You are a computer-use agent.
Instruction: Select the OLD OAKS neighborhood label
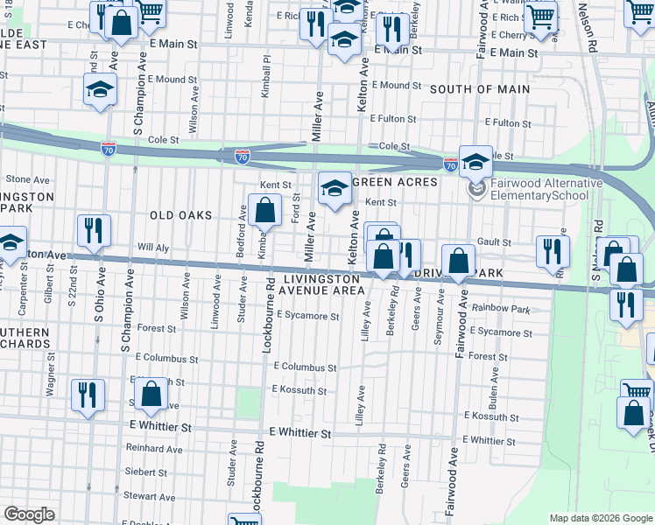tap(181, 215)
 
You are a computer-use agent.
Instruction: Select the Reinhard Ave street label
tap(153, 449)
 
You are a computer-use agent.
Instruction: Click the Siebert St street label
tap(145, 472)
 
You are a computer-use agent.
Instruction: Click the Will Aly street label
tap(143, 247)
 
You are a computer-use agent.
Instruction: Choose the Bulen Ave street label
tap(494, 381)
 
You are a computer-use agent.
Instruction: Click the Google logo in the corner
tap(29, 514)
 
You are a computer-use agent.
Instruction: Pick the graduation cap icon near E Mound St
tap(101, 89)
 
